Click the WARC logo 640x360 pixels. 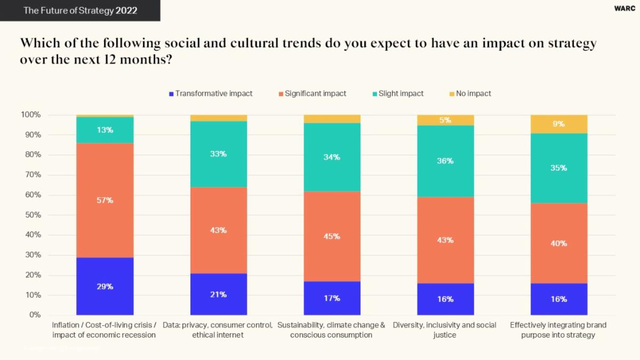tap(625, 9)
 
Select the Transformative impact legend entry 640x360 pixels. tap(211, 93)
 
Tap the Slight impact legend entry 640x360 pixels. tap(398, 93)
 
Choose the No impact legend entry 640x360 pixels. tap(470, 93)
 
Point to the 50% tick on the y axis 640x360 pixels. tap(31, 215)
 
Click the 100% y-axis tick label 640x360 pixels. tap(30, 115)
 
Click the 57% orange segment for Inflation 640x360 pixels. tap(105, 201)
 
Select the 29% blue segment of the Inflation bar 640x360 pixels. tap(105, 287)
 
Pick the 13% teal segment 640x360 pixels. tap(105, 130)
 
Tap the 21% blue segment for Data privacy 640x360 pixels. tap(219, 294)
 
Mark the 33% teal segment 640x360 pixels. tap(219, 154)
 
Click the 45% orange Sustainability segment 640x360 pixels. tap(332, 236)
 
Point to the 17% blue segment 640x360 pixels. tap(332, 298)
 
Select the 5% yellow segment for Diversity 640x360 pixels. tap(445, 120)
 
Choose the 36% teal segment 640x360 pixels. tap(445, 161)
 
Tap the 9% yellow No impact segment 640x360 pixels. tap(559, 124)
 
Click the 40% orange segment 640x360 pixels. tap(559, 244)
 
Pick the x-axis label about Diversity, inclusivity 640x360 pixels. tap(445, 330)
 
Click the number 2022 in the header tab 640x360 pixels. tap(126, 11)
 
